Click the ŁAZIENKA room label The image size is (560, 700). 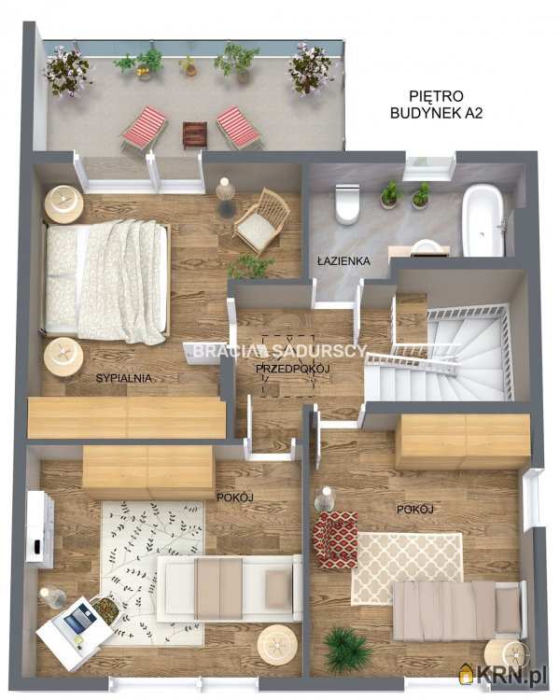[343, 260]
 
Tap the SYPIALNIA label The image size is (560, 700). [124, 378]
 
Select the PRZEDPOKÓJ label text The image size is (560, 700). [292, 369]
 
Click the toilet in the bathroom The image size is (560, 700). [347, 203]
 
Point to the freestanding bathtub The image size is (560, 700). [483, 221]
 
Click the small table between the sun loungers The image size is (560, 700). [195, 135]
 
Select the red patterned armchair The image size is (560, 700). [335, 539]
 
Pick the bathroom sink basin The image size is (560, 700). [426, 247]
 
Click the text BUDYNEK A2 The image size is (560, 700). [436, 113]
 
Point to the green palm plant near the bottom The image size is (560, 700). [346, 650]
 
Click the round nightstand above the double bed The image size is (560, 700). [63, 204]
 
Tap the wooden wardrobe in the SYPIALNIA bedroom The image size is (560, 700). [127, 417]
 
